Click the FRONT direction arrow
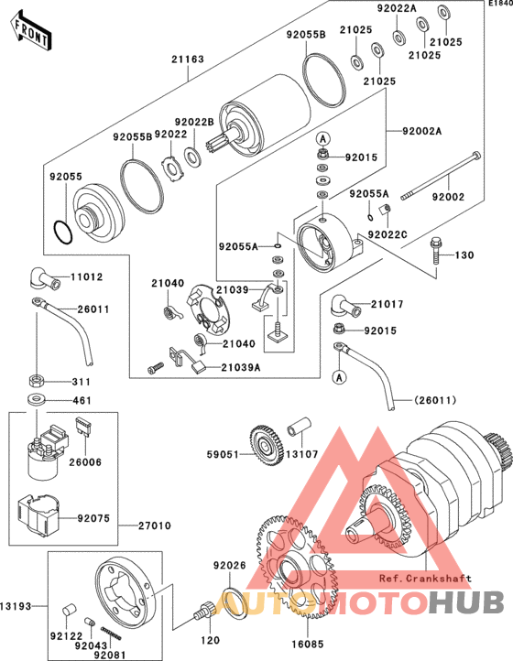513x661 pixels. point(31,32)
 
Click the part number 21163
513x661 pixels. point(188,60)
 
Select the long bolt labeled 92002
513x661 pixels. point(441,176)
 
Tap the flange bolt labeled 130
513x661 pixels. point(436,251)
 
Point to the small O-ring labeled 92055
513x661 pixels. point(63,233)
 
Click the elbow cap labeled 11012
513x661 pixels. point(43,278)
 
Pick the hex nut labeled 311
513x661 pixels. point(37,381)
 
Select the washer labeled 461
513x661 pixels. point(37,399)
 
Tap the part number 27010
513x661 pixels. point(155,526)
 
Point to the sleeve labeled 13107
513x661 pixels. point(299,427)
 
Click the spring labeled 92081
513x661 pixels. point(111,634)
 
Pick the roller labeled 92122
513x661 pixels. point(69,612)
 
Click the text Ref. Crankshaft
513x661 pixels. point(425,578)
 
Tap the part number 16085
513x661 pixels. point(308,645)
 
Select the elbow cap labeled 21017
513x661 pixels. point(346,306)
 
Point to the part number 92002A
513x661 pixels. point(422,131)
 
